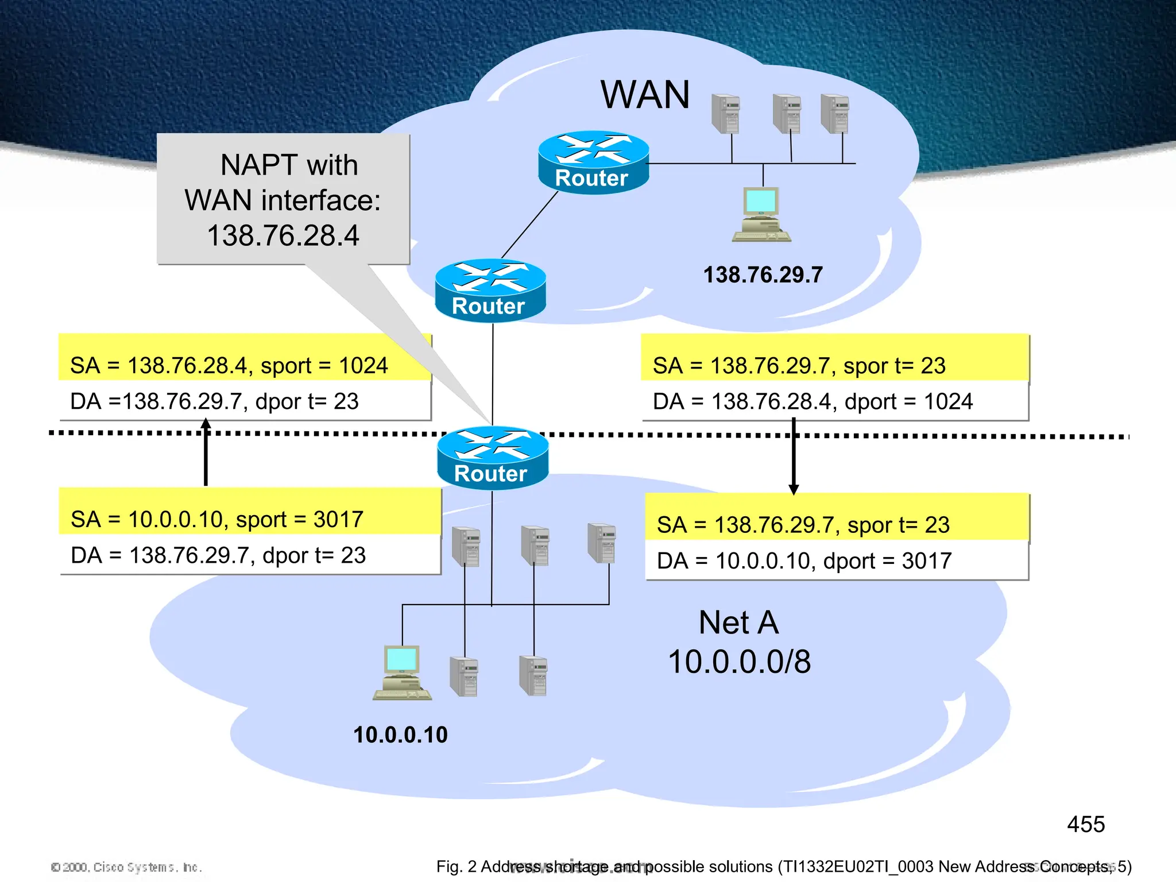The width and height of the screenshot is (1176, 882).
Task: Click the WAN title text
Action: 645,95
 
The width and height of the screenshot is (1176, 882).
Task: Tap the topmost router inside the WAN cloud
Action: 593,163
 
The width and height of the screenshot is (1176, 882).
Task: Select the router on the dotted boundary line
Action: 492,458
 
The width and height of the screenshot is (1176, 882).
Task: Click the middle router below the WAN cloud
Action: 490,291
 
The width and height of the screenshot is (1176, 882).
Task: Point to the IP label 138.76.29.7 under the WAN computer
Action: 763,275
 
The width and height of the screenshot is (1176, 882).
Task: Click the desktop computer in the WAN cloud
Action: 761,214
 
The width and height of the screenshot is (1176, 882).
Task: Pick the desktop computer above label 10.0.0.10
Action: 402,672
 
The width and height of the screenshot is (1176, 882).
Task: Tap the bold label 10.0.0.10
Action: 400,735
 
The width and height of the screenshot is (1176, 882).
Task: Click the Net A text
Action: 738,622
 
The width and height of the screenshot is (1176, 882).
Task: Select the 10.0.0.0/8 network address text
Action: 740,661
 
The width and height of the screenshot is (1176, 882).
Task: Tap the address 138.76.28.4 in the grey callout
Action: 283,235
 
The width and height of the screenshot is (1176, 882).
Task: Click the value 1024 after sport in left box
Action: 363,366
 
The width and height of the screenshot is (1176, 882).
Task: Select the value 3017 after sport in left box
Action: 338,520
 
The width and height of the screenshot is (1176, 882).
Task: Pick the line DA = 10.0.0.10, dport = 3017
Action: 804,561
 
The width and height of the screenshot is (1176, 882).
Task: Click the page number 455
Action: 1085,825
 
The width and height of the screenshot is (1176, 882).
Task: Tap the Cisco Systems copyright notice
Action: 126,866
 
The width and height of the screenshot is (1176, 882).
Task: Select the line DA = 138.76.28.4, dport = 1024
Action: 813,401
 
